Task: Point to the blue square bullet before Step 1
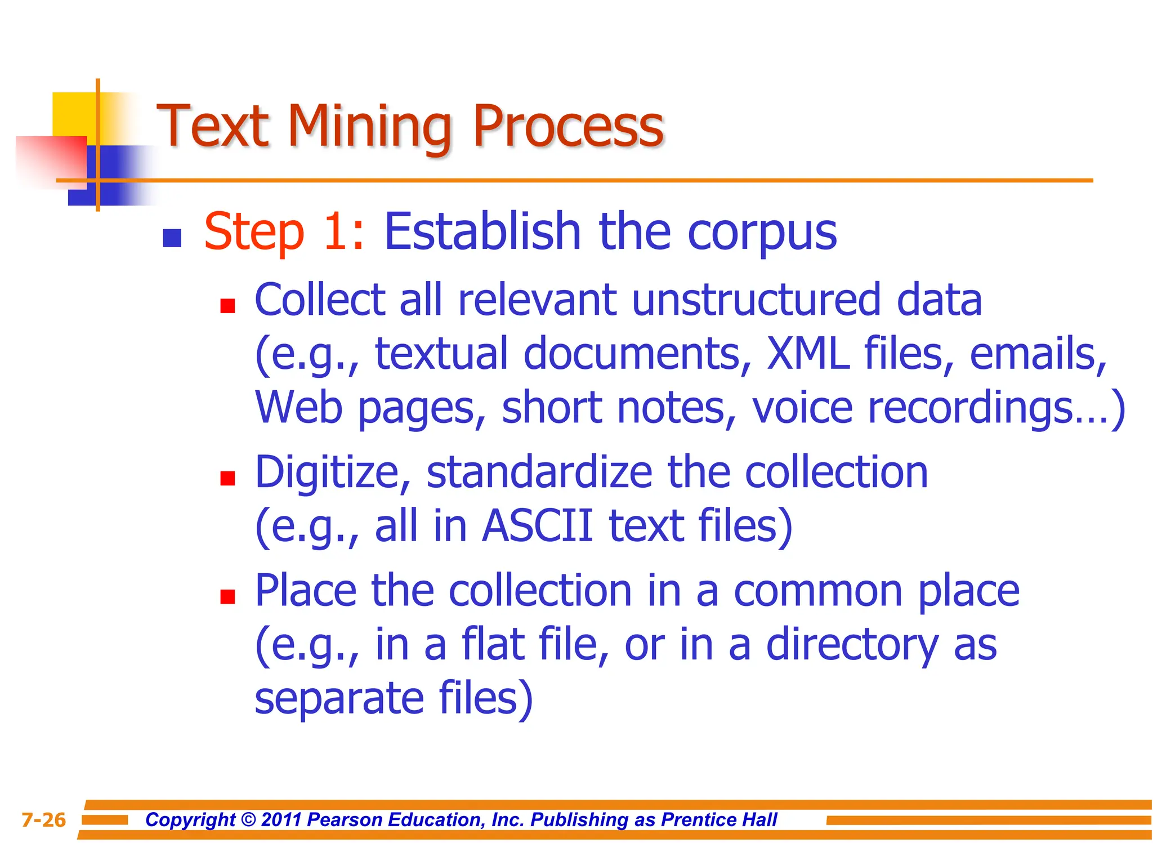pos(172,238)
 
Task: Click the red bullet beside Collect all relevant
pos(227,306)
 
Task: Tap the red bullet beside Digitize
pos(227,478)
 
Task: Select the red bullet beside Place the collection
pos(227,596)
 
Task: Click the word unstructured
pos(756,300)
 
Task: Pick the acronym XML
pos(808,354)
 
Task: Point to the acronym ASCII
pos(538,526)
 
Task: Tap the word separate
pos(339,698)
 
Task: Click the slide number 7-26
pos(44,820)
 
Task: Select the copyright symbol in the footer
pos(248,820)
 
